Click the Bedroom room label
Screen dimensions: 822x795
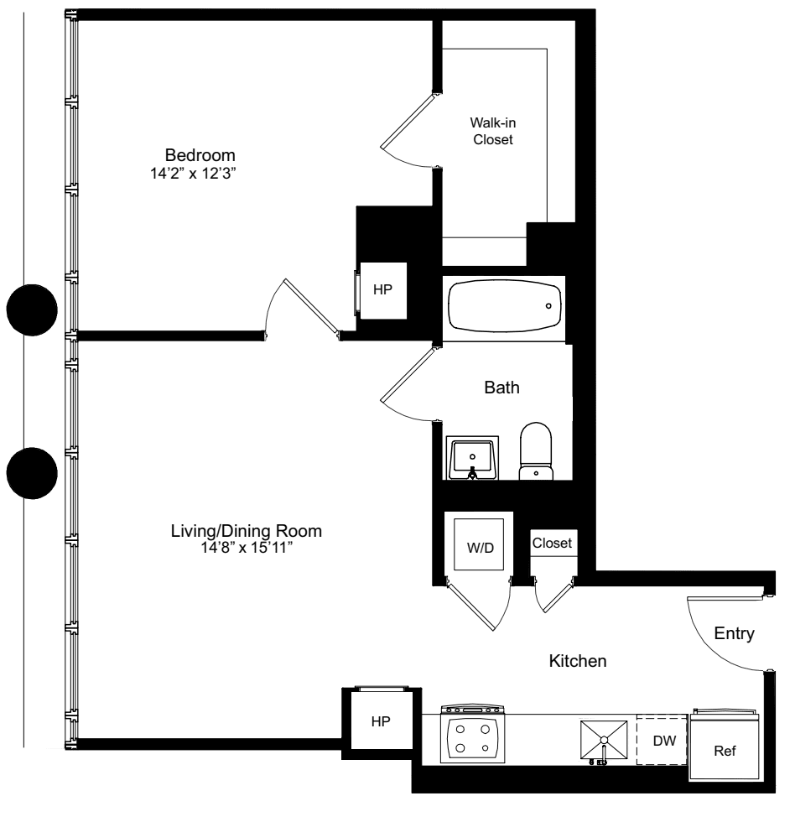click(x=200, y=155)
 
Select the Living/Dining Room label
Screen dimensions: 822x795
click(x=246, y=531)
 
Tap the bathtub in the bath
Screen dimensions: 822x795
click(x=505, y=306)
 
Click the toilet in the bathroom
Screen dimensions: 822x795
click(x=536, y=454)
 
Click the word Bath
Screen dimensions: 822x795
click(x=501, y=388)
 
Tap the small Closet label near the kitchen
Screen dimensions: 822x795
click(x=553, y=544)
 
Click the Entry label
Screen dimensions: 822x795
click(x=735, y=633)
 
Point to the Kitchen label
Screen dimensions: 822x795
click(x=577, y=662)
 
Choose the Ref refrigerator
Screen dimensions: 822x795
click(x=725, y=749)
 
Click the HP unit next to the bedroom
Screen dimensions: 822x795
click(x=383, y=289)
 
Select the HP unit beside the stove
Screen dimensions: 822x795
click(x=380, y=721)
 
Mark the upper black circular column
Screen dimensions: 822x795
click(x=32, y=309)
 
